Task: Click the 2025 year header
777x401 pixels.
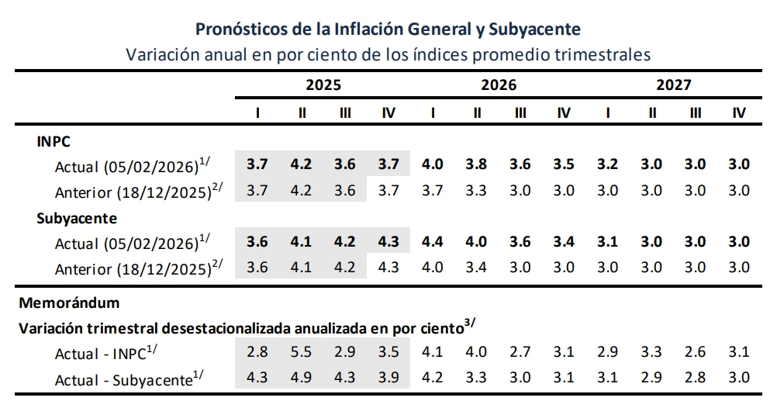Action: coord(323,85)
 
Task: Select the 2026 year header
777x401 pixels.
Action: coord(499,85)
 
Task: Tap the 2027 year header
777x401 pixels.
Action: coord(674,85)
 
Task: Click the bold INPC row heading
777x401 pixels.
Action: coord(54,143)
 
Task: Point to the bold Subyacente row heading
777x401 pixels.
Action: coord(77,218)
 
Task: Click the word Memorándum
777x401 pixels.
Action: coord(69,302)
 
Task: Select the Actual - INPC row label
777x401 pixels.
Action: coord(111,353)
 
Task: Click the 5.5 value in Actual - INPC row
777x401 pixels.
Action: coord(302,352)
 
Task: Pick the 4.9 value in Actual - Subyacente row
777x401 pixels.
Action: coord(302,378)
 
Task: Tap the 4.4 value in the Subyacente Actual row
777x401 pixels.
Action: coord(432,241)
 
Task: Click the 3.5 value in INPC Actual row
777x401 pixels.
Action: coord(564,164)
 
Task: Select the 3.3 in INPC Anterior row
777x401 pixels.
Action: coord(476,190)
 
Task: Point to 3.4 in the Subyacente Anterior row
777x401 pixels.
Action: coord(476,267)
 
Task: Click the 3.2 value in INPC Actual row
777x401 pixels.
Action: coord(608,164)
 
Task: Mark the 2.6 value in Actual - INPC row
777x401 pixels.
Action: coord(696,352)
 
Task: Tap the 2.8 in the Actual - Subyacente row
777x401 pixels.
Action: coord(696,378)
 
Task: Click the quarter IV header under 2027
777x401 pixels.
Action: coord(739,113)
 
